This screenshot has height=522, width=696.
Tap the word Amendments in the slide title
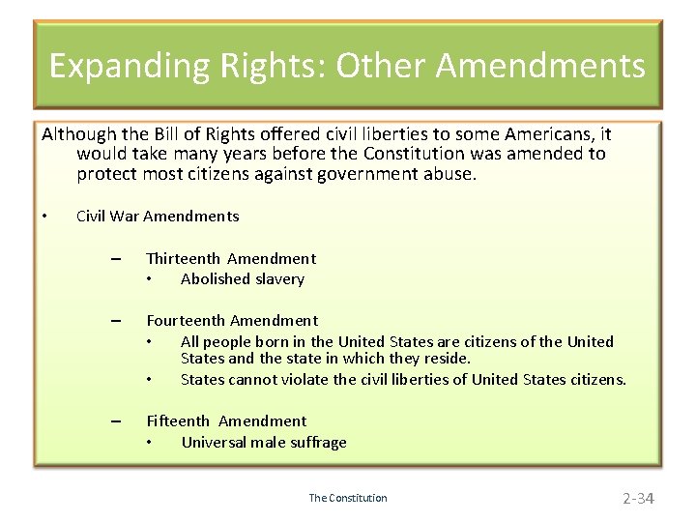540,66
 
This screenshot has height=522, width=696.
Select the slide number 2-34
638,499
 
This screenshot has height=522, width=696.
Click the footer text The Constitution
348,499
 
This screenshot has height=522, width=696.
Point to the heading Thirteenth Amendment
230,258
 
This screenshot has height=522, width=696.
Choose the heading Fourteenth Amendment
231,320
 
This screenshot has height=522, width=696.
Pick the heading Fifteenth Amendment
225,420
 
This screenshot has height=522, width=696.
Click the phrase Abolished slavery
242,279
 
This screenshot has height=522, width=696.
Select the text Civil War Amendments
158,216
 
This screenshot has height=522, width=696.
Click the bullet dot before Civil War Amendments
45,216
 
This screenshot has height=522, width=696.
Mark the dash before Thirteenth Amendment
116,259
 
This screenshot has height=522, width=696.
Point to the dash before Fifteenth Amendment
116,421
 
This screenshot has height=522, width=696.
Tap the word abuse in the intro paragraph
448,174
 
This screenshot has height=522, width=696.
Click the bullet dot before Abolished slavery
150,280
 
